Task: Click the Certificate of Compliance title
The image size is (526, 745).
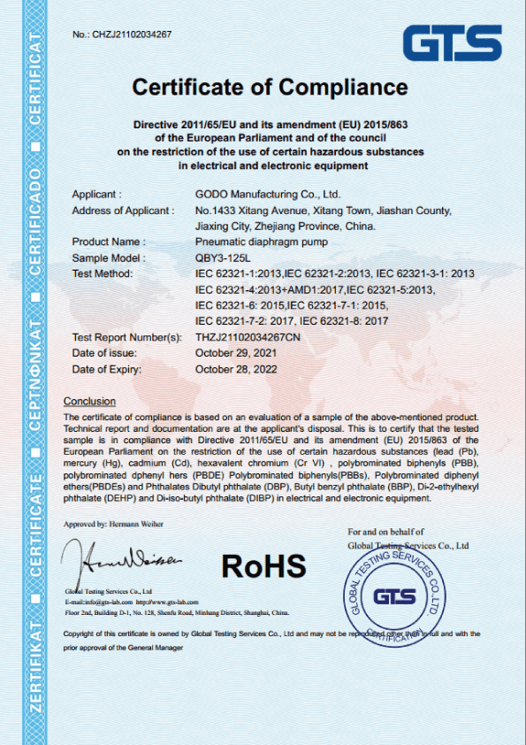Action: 270,88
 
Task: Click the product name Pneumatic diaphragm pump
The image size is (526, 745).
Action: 260,242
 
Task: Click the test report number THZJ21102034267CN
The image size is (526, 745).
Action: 255,337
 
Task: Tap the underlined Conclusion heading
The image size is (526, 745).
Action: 89,401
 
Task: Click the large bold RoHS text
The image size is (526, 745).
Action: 263,565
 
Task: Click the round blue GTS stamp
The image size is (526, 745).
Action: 395,595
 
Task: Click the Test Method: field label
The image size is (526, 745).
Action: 102,273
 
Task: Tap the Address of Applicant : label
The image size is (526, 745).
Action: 122,210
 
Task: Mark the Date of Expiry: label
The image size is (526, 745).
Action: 107,369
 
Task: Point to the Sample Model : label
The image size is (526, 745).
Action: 107,257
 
